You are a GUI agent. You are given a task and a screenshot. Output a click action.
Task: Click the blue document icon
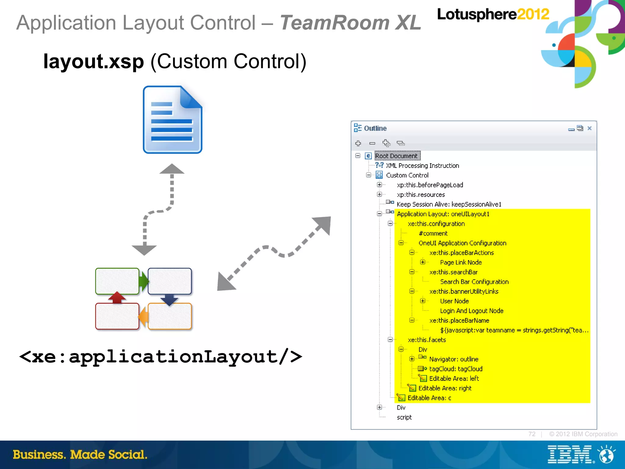coord(172,120)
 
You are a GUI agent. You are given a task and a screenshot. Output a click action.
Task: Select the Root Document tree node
coord(396,156)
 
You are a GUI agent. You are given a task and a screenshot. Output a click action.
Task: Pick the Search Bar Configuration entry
coord(474,282)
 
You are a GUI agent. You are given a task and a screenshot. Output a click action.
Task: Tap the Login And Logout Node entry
coord(471,311)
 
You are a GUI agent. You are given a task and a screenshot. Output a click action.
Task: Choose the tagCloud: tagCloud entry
coord(456,369)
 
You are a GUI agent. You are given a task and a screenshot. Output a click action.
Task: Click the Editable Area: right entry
coord(445,388)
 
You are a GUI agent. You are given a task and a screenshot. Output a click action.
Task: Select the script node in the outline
coord(404,417)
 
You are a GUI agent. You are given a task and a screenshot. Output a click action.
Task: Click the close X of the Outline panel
coord(590,128)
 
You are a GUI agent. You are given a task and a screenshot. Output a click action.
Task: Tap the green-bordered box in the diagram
coord(117,281)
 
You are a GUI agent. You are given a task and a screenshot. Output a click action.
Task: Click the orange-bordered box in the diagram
coord(170,316)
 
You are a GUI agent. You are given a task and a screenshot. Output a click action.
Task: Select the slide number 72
coord(532,434)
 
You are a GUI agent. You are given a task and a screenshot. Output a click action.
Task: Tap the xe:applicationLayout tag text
coord(161,356)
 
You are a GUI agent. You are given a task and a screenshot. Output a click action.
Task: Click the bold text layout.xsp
coord(93,61)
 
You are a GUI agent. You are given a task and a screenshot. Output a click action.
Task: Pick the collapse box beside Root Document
coord(358,156)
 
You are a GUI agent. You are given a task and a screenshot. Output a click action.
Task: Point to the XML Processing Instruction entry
coord(422,166)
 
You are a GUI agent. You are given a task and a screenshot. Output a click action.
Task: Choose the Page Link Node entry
coord(461,262)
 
